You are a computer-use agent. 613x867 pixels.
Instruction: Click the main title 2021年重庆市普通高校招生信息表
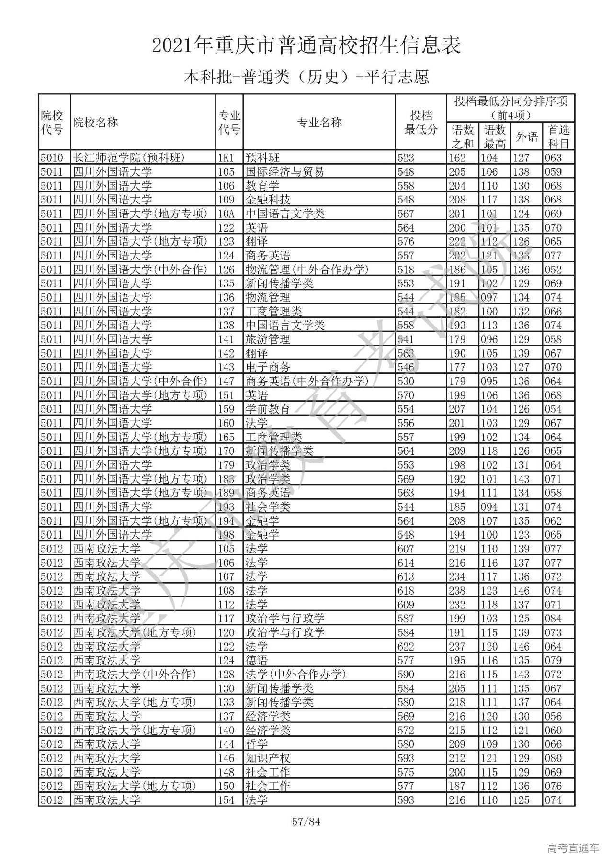(x=306, y=45)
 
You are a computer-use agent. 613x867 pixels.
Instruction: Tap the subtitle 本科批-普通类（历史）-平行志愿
(x=306, y=77)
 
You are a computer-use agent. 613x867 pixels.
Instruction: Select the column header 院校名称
(x=95, y=122)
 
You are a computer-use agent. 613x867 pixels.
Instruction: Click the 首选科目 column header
(x=558, y=136)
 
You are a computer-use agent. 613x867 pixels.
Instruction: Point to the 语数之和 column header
(x=462, y=136)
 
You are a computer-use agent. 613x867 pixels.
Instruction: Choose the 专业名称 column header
(x=319, y=122)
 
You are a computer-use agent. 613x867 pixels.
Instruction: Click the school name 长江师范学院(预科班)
(x=129, y=158)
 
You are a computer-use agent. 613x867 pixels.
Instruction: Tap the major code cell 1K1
(x=226, y=158)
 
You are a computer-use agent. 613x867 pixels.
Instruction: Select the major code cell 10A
(x=226, y=214)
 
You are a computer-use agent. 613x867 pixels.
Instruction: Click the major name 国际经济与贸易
(x=285, y=171)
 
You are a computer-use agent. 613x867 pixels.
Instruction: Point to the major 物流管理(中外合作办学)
(x=307, y=270)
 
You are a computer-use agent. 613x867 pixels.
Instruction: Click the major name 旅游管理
(x=268, y=339)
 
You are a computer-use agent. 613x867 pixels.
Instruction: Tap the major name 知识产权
(x=268, y=758)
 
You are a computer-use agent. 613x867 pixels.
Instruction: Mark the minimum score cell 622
(x=406, y=646)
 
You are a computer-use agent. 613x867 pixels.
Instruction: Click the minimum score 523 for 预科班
(x=406, y=158)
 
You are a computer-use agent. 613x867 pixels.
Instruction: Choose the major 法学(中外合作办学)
(x=295, y=675)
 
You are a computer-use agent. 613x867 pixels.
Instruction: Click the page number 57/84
(x=306, y=822)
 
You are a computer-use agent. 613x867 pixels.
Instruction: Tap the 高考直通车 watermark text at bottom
(x=573, y=848)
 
